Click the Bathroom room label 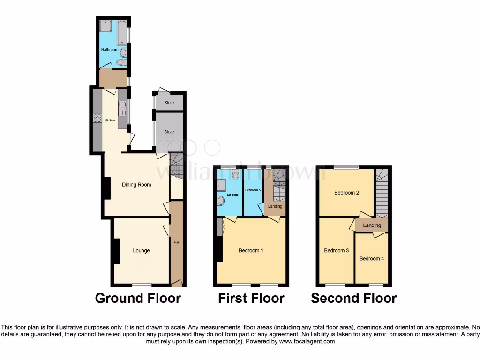pos(110,49)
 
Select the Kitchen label pos(110,120)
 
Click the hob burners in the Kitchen pos(97,119)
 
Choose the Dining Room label pos(136,185)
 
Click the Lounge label pos(141,251)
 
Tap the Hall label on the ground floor pos(176,242)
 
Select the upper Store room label pos(169,103)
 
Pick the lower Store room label pos(169,132)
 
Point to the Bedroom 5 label pos(253,190)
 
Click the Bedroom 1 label pos(251,251)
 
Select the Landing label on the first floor pos(275,206)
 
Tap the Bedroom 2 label pos(347,193)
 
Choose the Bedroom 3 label pos(337,250)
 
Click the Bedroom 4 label pos(372,258)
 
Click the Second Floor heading pos(354,298)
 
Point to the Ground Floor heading pos(138,298)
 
